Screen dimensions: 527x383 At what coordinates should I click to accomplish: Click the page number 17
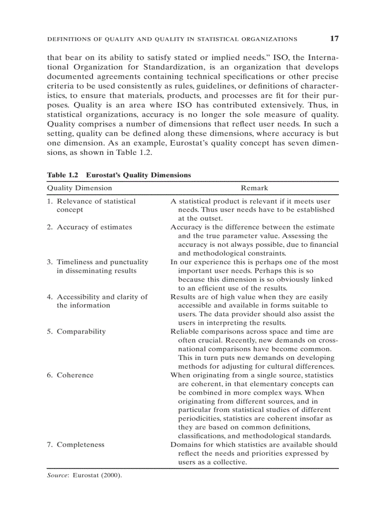[x=334, y=38]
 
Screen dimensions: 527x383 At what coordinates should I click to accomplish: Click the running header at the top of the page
[x=172, y=39]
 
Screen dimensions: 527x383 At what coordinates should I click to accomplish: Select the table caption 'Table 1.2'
[x=62, y=175]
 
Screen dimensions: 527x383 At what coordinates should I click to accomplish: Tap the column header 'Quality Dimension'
[x=80, y=188]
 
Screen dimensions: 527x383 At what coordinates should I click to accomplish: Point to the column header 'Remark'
[x=254, y=188]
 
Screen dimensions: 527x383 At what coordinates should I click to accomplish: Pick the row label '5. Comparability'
[x=76, y=331]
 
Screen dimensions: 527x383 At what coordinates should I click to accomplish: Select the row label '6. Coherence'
[x=70, y=375]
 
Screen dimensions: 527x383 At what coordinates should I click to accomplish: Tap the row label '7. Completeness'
[x=76, y=444]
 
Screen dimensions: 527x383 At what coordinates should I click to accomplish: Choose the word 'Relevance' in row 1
[x=74, y=201]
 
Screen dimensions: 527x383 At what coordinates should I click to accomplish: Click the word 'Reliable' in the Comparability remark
[x=184, y=331]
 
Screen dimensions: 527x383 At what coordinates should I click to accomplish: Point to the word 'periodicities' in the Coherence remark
[x=199, y=418]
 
